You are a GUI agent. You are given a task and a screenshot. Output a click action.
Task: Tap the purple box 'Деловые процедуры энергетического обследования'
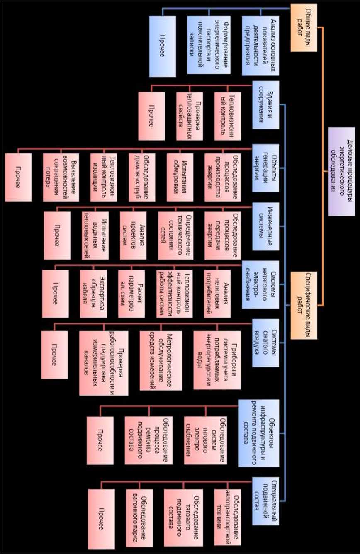(343, 172)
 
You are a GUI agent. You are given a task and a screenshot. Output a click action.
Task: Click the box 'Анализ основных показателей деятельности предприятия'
(260, 46)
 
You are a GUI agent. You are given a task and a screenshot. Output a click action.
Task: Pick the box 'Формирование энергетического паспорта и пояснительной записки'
(209, 46)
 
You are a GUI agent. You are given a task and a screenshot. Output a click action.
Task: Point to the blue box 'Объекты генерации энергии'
(265, 168)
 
